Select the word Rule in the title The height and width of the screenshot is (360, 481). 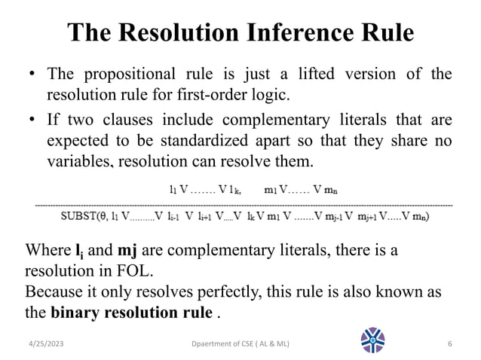(x=387, y=34)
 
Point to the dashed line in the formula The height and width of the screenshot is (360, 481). (x=241, y=203)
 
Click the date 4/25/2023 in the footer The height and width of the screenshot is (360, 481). (x=42, y=344)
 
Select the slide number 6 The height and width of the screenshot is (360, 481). (x=449, y=344)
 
